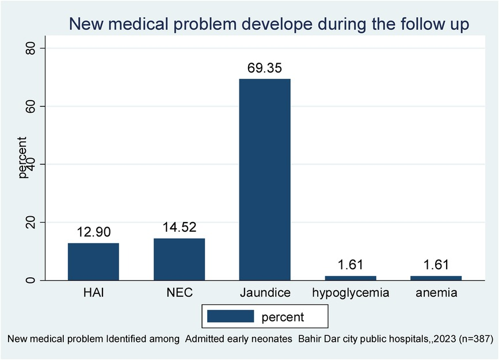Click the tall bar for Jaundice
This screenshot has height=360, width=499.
tap(265, 179)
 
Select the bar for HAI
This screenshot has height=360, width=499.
tap(93, 262)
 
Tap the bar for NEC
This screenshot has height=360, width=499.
tap(179, 259)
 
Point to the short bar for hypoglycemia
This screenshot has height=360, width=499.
tap(351, 278)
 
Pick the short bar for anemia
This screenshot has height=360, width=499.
tap(436, 278)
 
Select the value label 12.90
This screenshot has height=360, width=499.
tap(93, 232)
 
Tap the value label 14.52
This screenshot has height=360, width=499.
tap(179, 228)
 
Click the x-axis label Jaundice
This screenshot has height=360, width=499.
tap(265, 293)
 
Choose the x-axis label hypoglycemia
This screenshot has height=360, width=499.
tap(351, 293)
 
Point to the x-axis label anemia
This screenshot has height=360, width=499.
tap(436, 293)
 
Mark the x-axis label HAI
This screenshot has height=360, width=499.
tap(93, 293)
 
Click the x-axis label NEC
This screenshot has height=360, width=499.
tap(179, 293)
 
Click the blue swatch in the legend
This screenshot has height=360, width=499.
tap(230, 316)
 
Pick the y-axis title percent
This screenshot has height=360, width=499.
tap(23, 157)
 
